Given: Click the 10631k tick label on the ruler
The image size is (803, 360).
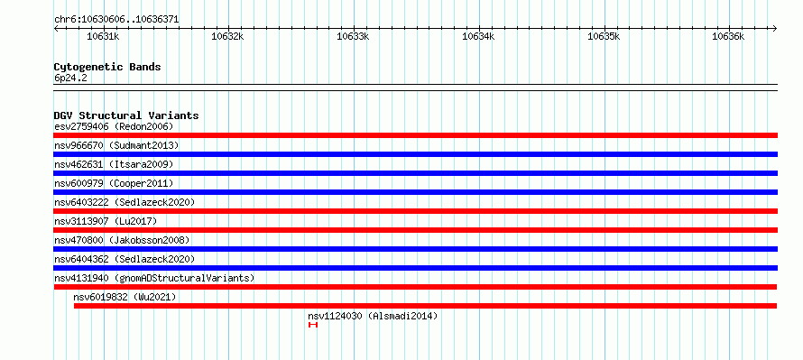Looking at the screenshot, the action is (x=103, y=36).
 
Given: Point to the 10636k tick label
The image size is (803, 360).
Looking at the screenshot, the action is (x=729, y=36).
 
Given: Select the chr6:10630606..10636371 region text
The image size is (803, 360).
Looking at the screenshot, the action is (x=116, y=20).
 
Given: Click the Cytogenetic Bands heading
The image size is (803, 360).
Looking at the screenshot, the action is (x=107, y=67).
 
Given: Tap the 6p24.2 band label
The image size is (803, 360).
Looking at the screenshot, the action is (x=70, y=78).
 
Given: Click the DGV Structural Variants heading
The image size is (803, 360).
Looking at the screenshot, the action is (x=126, y=115).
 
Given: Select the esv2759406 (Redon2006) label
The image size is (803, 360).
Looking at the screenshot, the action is (x=114, y=126).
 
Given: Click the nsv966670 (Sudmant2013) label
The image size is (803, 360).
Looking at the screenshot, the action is (x=116, y=145).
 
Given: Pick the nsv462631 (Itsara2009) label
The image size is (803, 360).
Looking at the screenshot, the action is (x=114, y=164).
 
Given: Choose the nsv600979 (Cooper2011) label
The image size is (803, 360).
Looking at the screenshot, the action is (x=114, y=183).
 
